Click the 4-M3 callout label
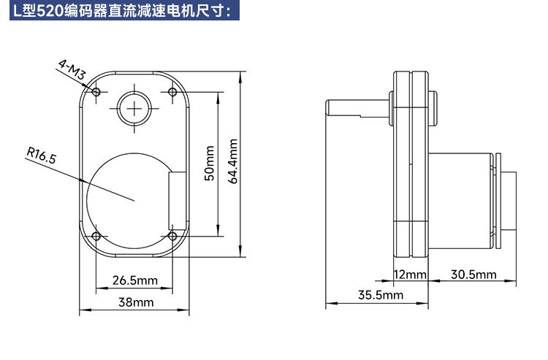pos(72,69)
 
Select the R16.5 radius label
pos(41,156)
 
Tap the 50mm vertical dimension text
pos(209,163)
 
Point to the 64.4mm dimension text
pos(233,161)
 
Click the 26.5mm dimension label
pos(135,280)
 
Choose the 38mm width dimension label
pos(136,302)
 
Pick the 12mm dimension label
pos(411,275)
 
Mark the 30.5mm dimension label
pos(473,275)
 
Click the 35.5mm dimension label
pos(381,295)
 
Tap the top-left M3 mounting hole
pos(96,92)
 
